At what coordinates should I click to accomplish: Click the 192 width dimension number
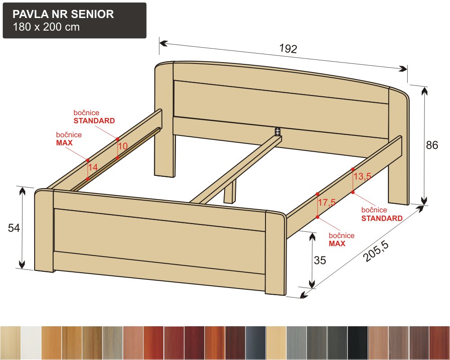(x=288, y=49)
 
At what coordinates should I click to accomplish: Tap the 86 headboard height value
(x=432, y=145)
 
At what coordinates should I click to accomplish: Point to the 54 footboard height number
(x=14, y=228)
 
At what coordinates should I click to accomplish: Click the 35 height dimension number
(x=320, y=260)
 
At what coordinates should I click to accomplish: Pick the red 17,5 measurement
(x=327, y=202)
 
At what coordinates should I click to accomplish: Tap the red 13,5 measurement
(x=362, y=176)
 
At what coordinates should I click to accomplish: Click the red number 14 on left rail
(x=93, y=167)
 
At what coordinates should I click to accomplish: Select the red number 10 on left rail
(x=123, y=146)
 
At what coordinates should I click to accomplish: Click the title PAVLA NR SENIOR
(x=63, y=14)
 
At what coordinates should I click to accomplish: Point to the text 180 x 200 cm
(x=46, y=27)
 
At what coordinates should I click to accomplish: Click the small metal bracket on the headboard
(x=277, y=131)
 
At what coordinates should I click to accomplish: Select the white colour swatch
(x=31, y=343)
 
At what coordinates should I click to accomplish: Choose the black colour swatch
(x=358, y=343)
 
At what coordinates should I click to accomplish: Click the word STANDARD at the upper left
(x=94, y=121)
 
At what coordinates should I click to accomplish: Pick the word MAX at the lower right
(x=337, y=244)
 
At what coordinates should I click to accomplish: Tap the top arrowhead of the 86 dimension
(x=424, y=91)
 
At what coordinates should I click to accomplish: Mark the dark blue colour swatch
(x=256, y=343)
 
